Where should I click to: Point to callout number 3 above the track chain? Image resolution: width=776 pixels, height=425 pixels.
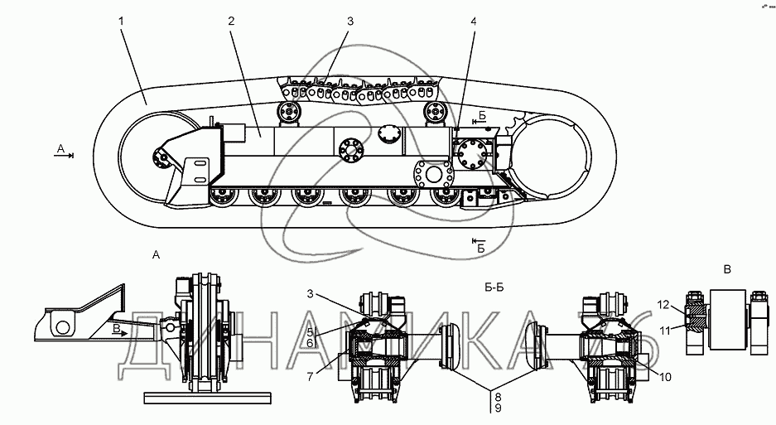click(x=350, y=22)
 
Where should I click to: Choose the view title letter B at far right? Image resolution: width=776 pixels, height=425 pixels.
click(x=726, y=269)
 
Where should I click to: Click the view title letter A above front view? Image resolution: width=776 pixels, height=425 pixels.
click(x=156, y=255)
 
